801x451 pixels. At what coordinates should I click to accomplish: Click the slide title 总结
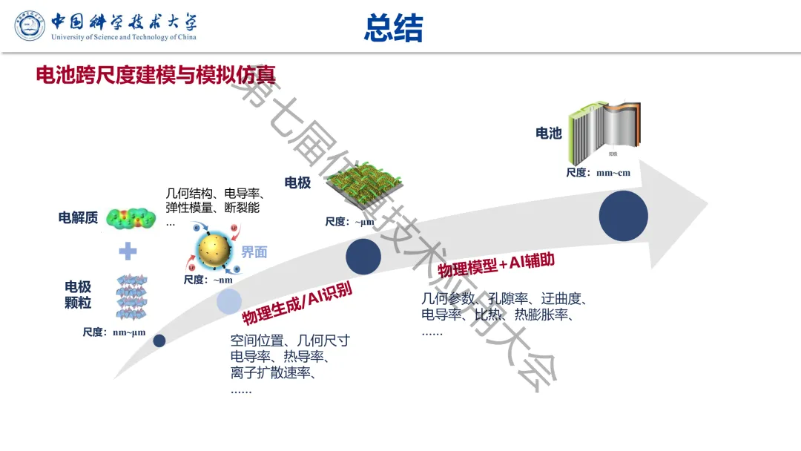pos(393,28)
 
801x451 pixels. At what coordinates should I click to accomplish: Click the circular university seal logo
pos(30,25)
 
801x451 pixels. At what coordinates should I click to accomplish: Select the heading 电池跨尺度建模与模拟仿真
pos(156,75)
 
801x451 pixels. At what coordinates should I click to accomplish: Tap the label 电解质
pos(78,217)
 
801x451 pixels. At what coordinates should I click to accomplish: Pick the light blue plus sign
pos(128,251)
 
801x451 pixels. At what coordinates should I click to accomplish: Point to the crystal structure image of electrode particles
pos(131,297)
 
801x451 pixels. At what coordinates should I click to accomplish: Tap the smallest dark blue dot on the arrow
pos(159,340)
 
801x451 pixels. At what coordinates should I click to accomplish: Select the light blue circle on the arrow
pos(228,301)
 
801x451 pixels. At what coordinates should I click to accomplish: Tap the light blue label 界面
pos(254,252)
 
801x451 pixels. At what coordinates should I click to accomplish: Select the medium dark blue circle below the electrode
pos(363,257)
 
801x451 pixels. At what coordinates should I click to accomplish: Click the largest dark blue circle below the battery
pos(623,215)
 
